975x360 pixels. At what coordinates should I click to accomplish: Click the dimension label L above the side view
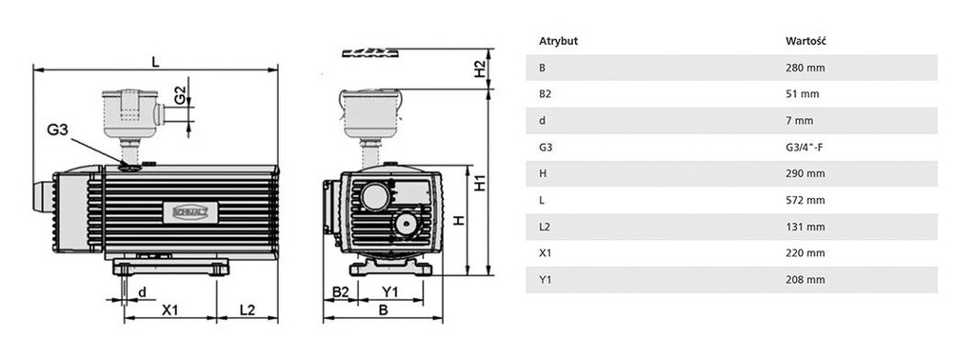[x=155, y=62]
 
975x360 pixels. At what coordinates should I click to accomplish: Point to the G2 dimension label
[x=178, y=96]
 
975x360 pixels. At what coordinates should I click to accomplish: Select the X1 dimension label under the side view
[x=170, y=310]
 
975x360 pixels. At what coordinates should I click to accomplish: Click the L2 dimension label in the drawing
[x=247, y=310]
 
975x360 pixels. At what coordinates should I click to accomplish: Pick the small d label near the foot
[x=142, y=291]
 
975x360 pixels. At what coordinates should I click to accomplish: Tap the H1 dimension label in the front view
[x=480, y=179]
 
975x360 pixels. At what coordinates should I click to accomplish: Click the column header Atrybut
[x=559, y=42]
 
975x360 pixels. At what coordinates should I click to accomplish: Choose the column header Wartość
[x=806, y=42]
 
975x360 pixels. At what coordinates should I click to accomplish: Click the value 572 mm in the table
[x=805, y=201]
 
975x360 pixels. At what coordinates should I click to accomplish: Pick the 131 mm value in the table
[x=805, y=228]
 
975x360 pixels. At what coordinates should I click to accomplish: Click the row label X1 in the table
[x=546, y=254]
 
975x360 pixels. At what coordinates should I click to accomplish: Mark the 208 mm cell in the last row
[x=805, y=281]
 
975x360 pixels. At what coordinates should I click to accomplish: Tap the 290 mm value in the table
[x=805, y=174]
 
